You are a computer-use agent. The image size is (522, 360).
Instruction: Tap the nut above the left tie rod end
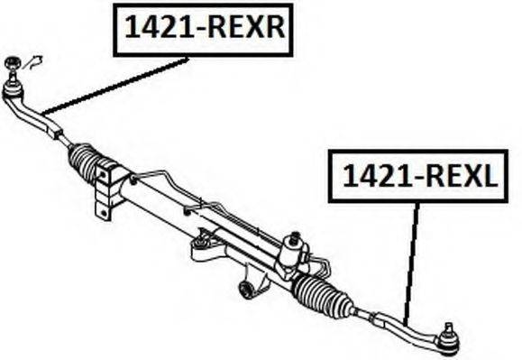13,63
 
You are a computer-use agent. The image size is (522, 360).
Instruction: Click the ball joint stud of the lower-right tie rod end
448,338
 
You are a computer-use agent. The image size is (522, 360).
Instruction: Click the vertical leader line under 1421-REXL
413,262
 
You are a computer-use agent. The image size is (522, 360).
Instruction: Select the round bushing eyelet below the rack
246,290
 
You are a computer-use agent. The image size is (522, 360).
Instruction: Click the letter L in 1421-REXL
486,176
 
